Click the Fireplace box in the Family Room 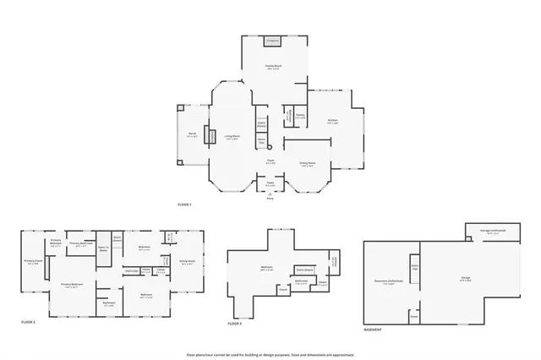[x=272, y=41]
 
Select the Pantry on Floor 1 [x=300, y=116]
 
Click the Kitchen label [x=333, y=121]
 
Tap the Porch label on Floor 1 [x=192, y=135]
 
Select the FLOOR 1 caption [x=184, y=205]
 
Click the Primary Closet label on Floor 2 [x=32, y=262]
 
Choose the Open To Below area [x=103, y=249]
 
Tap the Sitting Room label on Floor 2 [x=188, y=261]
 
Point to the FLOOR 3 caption [x=235, y=323]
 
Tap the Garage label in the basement [x=465, y=278]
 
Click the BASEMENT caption [x=373, y=330]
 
